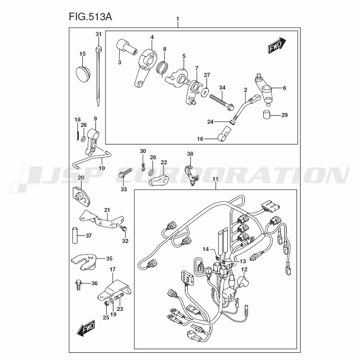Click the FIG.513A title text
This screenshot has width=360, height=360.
coord(90,17)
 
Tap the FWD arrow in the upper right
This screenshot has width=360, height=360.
coord(277,45)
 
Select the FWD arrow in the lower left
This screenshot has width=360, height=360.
coord(86,328)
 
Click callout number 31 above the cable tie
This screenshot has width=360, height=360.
coord(99,34)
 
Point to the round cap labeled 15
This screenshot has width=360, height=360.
coord(83,74)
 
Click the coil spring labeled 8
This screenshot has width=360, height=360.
coord(162,68)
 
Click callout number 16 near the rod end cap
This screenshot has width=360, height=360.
coord(200,139)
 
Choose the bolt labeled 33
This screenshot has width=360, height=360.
coord(125,175)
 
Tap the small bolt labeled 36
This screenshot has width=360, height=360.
coord(78,285)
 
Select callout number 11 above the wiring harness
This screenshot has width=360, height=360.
coord(215,179)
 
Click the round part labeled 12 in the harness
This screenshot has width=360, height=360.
coord(244,282)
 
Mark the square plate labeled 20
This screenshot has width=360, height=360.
coord(81,196)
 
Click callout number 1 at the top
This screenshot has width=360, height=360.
coord(177,19)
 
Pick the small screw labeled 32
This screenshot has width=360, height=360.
coord(123,229)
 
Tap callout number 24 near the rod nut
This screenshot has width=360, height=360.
coord(210,122)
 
